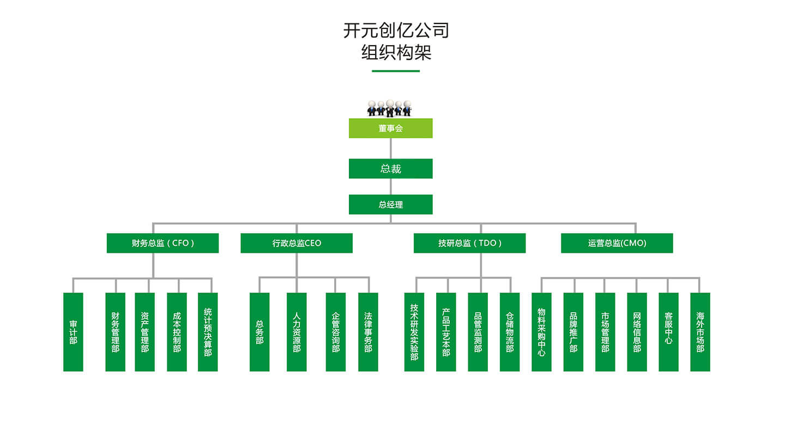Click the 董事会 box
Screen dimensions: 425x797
tap(390, 129)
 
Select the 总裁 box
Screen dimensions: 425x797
tap(390, 169)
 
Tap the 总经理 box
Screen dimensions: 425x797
tap(390, 205)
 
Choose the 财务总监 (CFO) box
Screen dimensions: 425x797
tap(162, 243)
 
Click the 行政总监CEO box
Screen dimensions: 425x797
tap(297, 243)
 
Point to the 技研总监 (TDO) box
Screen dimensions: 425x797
tap(469, 243)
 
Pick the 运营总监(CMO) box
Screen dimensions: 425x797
tap(617, 243)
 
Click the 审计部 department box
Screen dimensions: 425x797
tap(73, 332)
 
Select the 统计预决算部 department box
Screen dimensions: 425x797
tap(208, 332)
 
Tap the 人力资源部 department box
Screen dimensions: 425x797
tap(297, 332)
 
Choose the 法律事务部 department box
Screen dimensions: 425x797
tap(368, 332)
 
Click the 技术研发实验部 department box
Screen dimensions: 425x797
tap(414, 332)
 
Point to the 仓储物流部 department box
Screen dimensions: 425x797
tap(510, 332)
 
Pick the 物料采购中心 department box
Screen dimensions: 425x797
tap(541, 332)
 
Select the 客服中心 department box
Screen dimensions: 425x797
tap(668, 332)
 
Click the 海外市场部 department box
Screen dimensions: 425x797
tap(700, 332)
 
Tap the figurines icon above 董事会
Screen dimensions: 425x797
tap(389, 108)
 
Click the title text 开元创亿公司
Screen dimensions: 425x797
tap(396, 30)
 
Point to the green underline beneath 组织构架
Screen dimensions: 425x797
tap(396, 71)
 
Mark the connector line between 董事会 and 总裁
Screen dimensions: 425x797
tap(390, 148)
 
